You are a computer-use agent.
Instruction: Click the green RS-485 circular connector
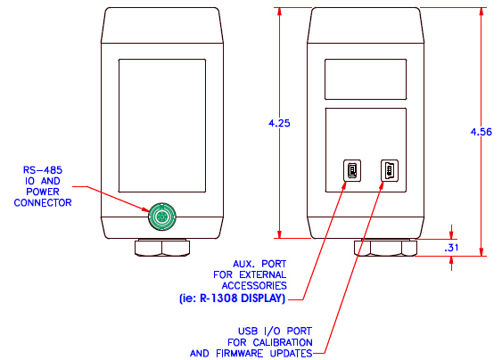point(162,217)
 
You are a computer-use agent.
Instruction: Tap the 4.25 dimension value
point(279,123)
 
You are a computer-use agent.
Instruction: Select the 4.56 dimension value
point(481,132)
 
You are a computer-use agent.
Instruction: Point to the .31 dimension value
point(451,248)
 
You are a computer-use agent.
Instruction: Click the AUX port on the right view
point(352,170)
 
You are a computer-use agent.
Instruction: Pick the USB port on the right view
point(390,170)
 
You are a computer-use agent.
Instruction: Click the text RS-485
point(43,170)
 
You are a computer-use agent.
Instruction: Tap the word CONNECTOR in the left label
point(43,202)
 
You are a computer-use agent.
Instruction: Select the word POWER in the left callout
point(43,192)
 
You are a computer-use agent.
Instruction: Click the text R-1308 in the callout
point(219,299)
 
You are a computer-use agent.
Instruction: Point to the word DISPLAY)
point(263,299)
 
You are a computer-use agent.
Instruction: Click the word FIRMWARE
point(240,354)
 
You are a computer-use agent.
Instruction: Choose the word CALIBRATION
point(283,342)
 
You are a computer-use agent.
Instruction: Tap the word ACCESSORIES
point(254,285)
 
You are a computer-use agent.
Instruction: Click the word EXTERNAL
point(263,274)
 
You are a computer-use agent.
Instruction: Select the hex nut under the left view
point(162,248)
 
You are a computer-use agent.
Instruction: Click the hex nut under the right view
point(385,248)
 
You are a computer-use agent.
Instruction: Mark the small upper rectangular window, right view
point(366,79)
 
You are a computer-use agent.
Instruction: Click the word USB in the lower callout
point(248,331)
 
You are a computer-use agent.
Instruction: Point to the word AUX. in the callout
point(243,264)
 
